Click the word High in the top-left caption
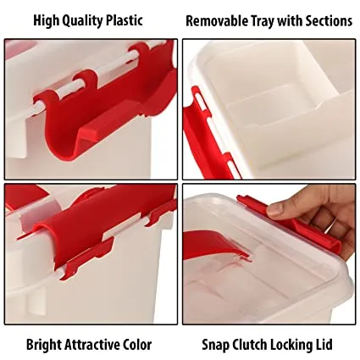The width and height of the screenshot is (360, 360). coord(47,20)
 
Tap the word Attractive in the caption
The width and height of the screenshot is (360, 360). coord(95,345)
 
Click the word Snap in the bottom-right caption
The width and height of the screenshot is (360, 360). coord(215,345)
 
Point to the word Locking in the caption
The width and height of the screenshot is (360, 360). coord(296,345)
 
